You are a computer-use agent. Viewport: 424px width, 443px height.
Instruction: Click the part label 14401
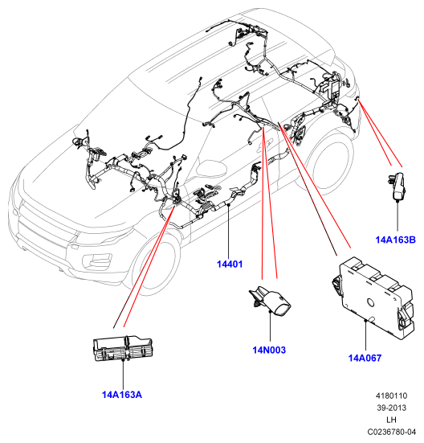tap(230, 265)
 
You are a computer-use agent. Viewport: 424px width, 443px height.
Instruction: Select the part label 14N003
tap(269, 350)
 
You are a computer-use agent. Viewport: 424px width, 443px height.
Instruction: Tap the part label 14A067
tap(365, 358)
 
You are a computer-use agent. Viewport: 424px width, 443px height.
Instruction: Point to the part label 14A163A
tap(122, 395)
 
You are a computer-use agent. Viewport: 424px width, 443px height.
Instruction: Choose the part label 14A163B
tap(396, 240)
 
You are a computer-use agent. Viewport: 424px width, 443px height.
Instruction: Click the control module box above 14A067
tap(373, 297)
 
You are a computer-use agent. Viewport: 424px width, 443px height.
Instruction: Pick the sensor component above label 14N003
tap(270, 301)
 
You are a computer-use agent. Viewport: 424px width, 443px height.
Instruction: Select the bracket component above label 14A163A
tap(123, 348)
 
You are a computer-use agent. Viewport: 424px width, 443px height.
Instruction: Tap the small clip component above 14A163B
tap(397, 187)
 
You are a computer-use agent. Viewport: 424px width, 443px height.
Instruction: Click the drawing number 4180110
tap(392, 396)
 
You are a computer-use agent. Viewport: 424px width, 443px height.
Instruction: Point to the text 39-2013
tap(392, 408)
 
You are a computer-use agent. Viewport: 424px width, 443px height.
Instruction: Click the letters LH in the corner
tap(392, 420)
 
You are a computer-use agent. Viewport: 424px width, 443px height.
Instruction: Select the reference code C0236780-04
tap(392, 432)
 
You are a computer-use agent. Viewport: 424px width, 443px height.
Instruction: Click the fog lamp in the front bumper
tap(96, 260)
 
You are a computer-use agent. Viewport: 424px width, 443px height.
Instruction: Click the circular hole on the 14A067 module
tap(370, 303)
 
